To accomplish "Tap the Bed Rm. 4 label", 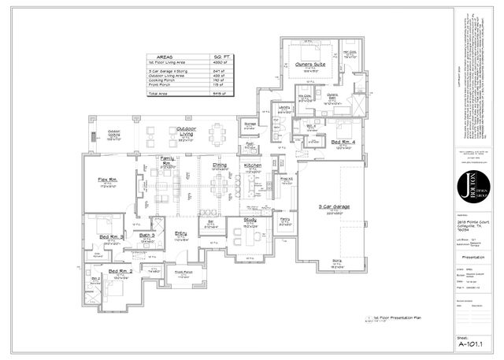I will (x=343, y=142).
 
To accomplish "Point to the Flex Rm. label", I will (x=108, y=180).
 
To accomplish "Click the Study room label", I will (x=250, y=220).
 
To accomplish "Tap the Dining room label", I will (x=220, y=165).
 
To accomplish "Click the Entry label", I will (x=180, y=234).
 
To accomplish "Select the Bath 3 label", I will (x=147, y=235).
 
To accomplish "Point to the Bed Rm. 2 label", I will (x=120, y=271).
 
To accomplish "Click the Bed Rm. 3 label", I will (x=109, y=236).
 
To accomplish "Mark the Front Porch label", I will (x=183, y=273).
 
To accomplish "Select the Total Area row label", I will (x=159, y=93).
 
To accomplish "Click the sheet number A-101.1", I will (x=474, y=343).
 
